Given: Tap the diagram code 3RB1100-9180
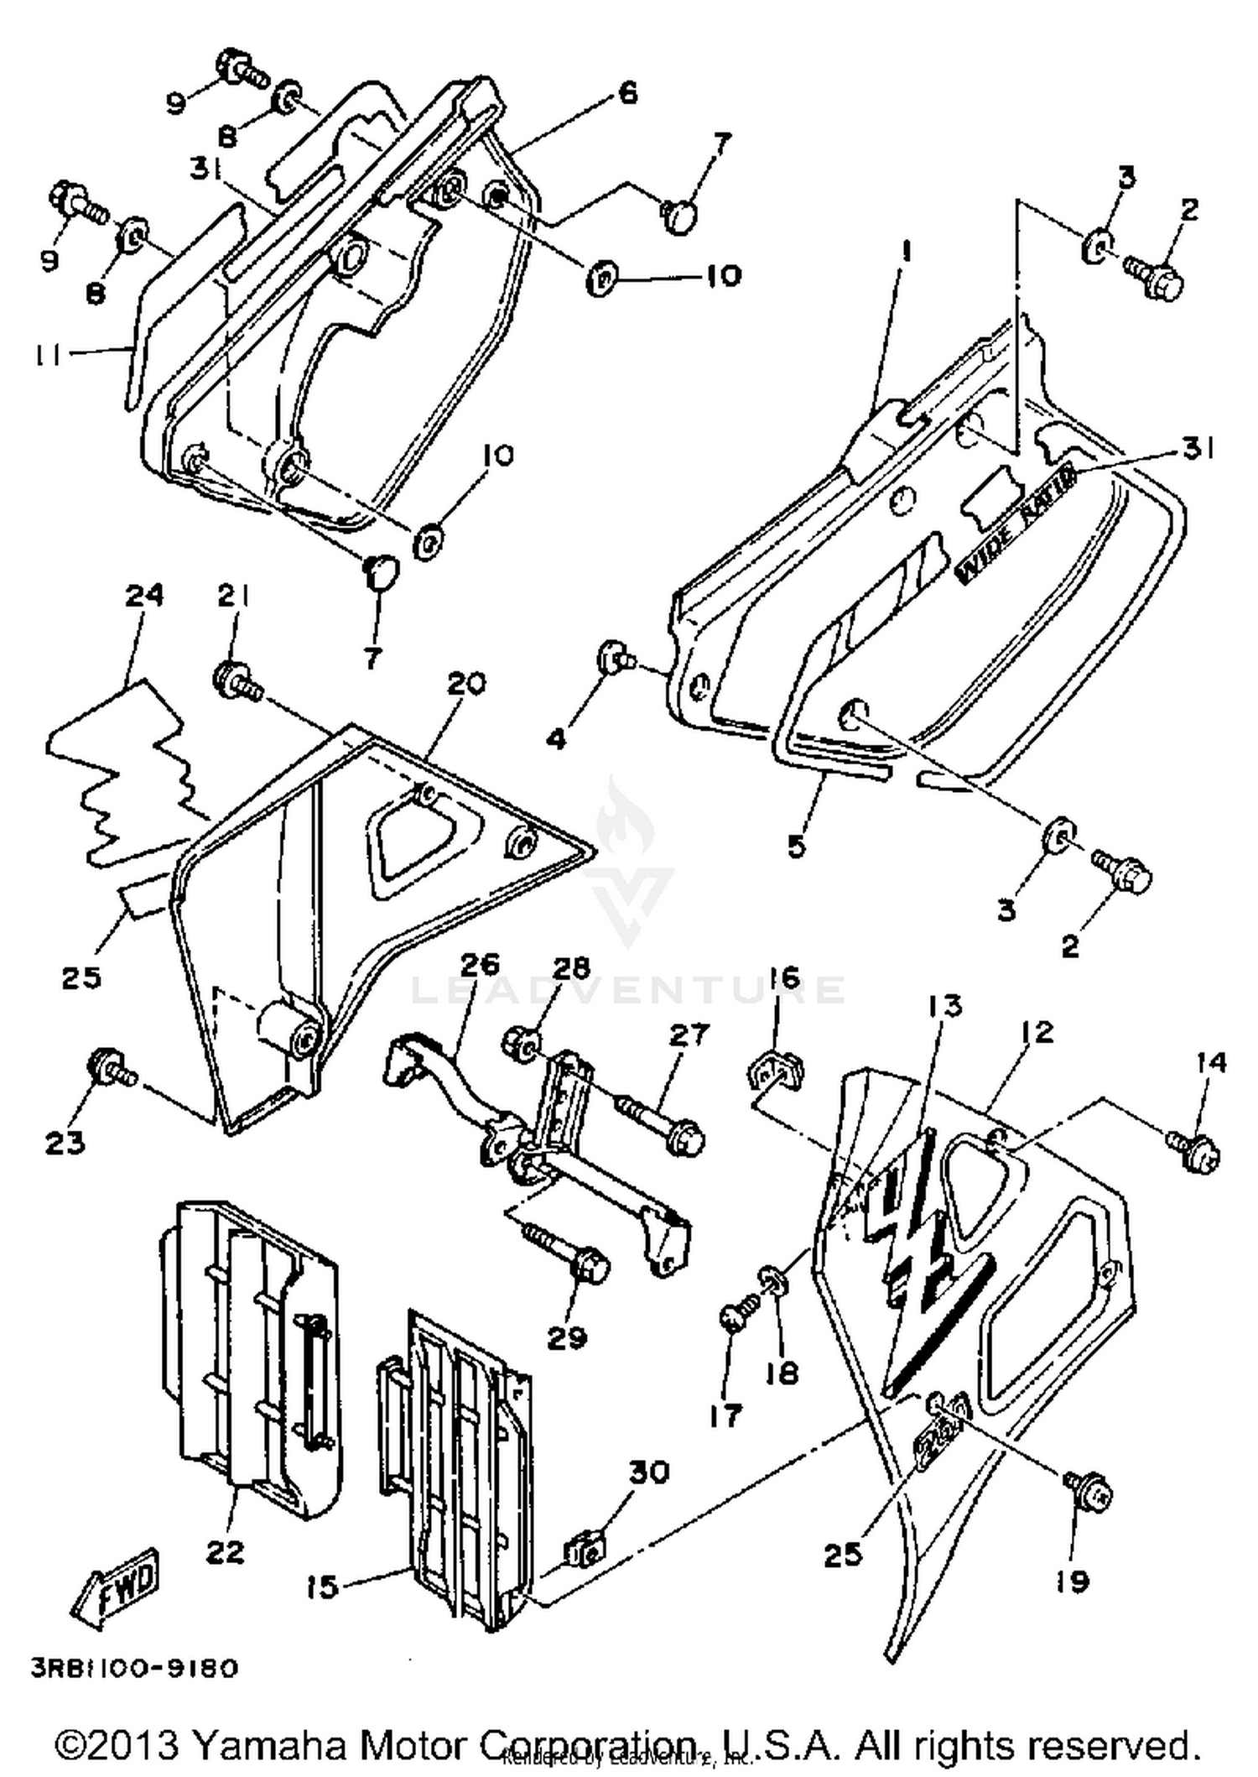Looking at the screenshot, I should (x=134, y=1668).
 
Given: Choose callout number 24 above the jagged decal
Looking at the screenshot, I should (x=144, y=597).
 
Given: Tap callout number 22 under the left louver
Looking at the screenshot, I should (x=225, y=1551).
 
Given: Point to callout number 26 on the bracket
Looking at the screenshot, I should (x=480, y=963).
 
